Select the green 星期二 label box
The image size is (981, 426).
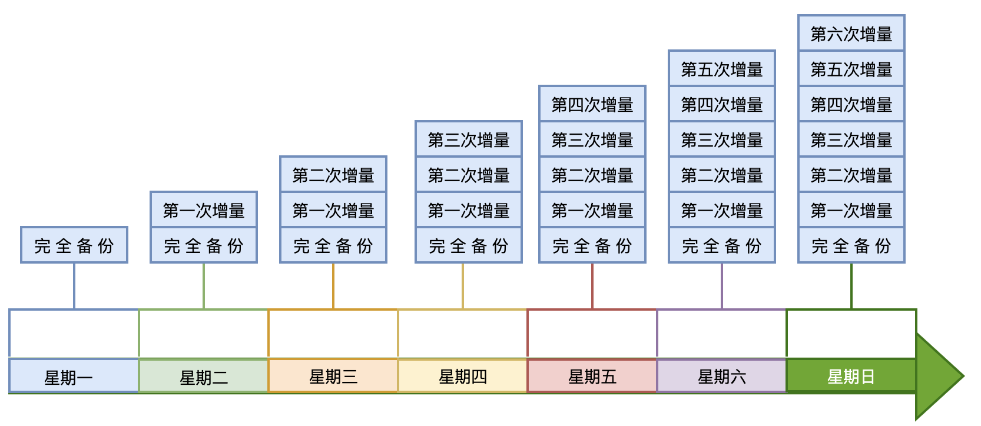point(203,376)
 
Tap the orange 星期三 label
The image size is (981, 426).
point(333,376)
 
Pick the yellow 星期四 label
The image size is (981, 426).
point(462,376)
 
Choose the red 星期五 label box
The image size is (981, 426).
point(592,376)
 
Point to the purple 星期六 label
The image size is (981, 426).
point(721,376)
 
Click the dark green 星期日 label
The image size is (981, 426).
point(851,376)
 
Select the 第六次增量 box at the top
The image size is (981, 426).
point(851,34)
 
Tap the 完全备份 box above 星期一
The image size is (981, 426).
point(74,245)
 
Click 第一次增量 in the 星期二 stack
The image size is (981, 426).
point(203,210)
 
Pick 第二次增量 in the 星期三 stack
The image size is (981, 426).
point(333,175)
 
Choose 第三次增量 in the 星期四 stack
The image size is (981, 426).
point(468,139)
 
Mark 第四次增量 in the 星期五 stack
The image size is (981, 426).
point(592,104)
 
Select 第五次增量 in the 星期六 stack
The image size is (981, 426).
point(721,69)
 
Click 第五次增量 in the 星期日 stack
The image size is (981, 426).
point(851,69)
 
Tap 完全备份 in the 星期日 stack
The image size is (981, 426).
point(851,245)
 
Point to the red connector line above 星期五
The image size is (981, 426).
point(592,285)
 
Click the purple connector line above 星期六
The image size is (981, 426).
point(722,285)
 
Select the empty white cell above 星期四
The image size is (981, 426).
point(462,334)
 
